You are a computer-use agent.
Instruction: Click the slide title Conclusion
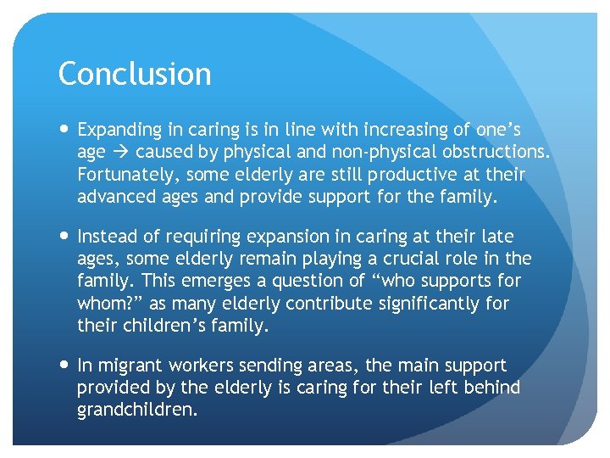(135, 75)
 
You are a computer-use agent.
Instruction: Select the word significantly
(427, 303)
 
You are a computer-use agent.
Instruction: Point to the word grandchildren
(136, 411)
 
